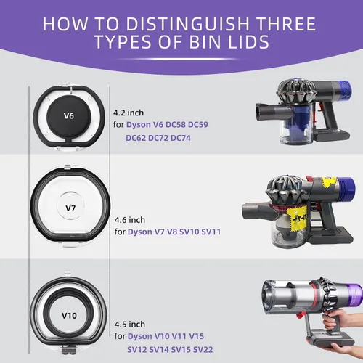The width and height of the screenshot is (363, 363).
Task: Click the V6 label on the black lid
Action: (69, 115)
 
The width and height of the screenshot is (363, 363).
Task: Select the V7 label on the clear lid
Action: (70, 208)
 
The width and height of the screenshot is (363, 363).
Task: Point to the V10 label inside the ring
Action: (69, 316)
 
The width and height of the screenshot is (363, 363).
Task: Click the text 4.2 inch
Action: (129, 113)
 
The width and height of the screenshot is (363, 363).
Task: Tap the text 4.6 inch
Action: (130, 220)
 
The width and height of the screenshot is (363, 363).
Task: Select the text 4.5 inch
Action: (130, 325)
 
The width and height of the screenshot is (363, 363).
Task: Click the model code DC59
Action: (198, 125)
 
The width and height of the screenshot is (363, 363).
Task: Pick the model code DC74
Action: (181, 138)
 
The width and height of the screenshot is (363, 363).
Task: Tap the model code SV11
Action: (211, 232)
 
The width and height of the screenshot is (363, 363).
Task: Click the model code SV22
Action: (203, 350)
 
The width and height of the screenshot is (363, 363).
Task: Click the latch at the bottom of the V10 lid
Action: (68, 349)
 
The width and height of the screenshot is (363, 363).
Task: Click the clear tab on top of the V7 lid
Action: (68, 167)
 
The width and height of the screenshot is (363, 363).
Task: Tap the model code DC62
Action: (136, 138)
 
